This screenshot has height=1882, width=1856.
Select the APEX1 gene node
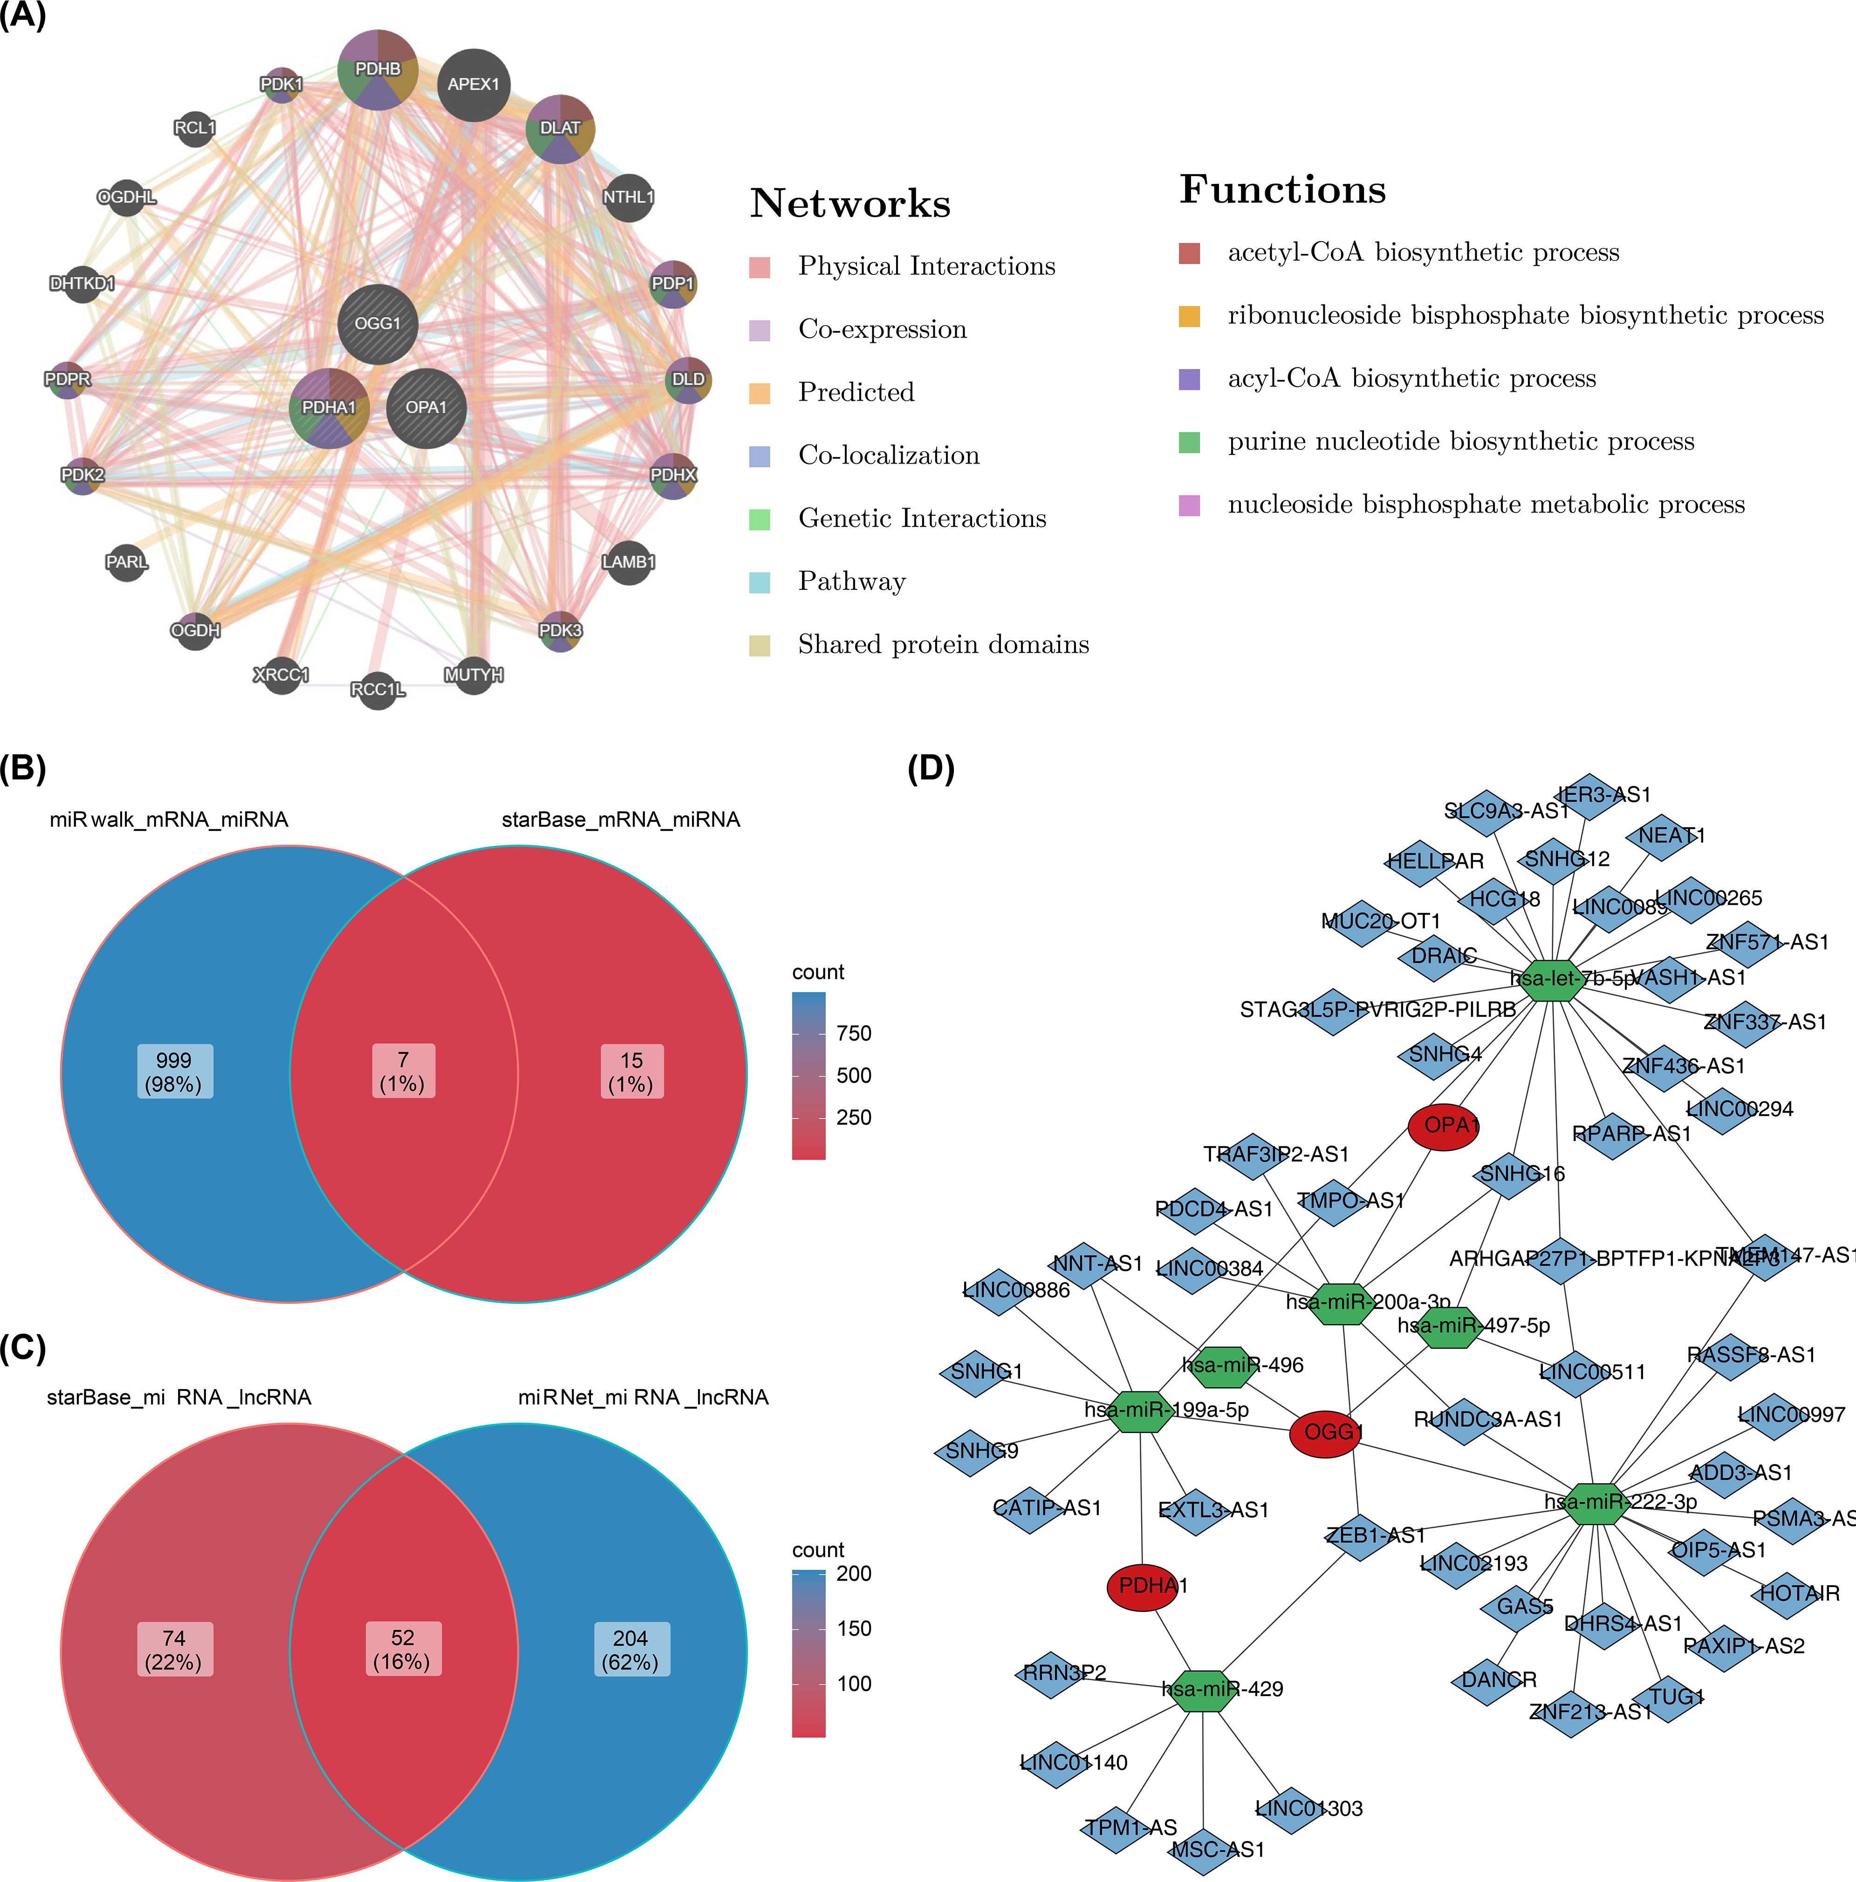pyautogui.click(x=473, y=85)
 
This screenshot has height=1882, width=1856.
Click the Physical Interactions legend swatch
pyautogui.click(x=760, y=267)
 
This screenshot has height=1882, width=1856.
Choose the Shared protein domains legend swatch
pyautogui.click(x=760, y=645)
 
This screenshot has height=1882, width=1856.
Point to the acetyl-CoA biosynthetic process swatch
pyautogui.click(x=1190, y=253)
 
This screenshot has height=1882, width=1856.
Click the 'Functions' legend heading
pyautogui.click(x=1282, y=189)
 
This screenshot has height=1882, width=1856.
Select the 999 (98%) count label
pyautogui.click(x=174, y=1071)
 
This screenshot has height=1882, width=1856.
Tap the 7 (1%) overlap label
pyautogui.click(x=403, y=1071)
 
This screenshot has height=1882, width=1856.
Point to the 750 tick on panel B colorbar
pyautogui.click(x=854, y=1034)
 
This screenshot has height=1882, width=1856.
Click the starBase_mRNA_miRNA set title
pyautogui.click(x=621, y=820)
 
